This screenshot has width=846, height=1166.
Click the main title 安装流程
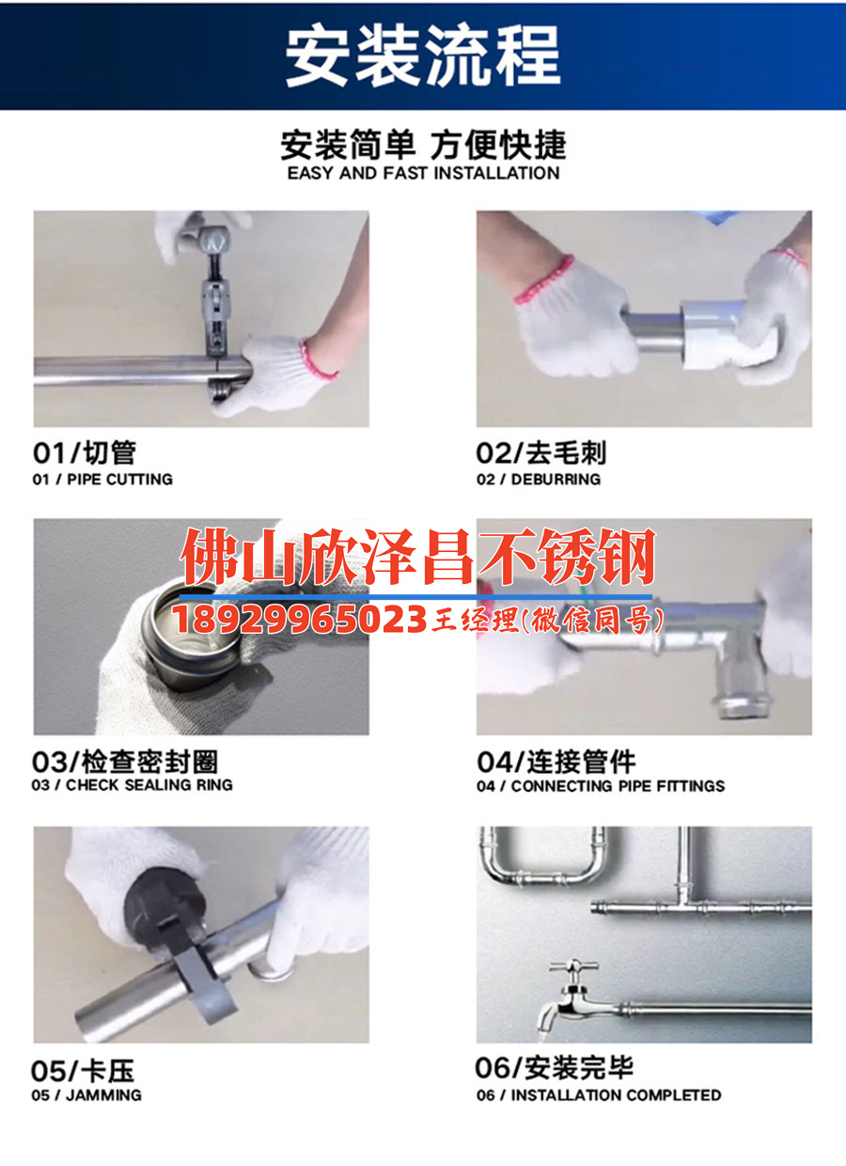coord(423,55)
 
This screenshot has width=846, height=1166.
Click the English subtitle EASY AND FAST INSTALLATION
coord(423,173)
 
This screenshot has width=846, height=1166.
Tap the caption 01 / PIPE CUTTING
coord(103,479)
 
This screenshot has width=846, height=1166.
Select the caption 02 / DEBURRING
coord(538,479)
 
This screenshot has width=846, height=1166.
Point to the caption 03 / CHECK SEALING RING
coord(132,784)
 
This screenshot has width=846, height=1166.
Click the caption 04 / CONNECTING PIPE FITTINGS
coord(601,785)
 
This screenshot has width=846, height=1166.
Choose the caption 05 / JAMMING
coord(86,1095)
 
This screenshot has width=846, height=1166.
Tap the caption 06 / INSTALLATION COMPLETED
coord(599,1095)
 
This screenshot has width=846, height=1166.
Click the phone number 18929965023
coord(299,620)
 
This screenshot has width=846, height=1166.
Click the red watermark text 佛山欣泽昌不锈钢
coord(417,558)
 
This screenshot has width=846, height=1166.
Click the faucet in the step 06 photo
coord(569,997)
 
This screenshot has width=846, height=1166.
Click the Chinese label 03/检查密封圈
coord(124,761)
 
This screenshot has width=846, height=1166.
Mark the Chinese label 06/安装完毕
coord(555,1068)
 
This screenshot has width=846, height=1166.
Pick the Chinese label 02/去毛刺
coord(541,453)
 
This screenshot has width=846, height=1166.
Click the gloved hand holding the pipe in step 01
coord(273,376)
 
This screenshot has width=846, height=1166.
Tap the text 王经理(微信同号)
coord(548,620)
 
